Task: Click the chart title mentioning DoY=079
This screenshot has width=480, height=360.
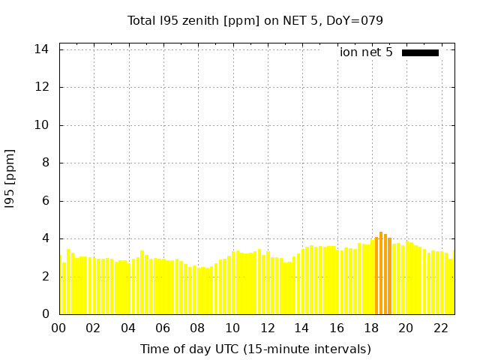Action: (x=255, y=20)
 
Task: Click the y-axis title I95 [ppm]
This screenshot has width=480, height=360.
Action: (x=10, y=178)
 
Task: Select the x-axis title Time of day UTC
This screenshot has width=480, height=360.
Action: (x=255, y=349)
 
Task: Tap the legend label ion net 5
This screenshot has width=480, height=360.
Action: (x=366, y=52)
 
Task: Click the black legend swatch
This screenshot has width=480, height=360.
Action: (x=420, y=52)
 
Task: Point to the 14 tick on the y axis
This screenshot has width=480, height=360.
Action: (x=42, y=49)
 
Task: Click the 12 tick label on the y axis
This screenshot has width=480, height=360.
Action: (x=42, y=87)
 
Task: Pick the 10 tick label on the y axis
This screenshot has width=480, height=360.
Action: (x=42, y=125)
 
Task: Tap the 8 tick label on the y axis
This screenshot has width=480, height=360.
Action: (x=45, y=163)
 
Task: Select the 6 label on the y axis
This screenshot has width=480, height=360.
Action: (x=45, y=201)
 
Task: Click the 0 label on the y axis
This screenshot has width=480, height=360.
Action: (x=45, y=314)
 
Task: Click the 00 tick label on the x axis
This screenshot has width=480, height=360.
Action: (x=59, y=328)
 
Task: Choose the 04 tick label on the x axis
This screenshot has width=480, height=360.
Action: (x=128, y=328)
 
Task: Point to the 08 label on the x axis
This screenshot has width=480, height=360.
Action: (x=198, y=328)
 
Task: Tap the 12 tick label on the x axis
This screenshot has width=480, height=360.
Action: (x=267, y=328)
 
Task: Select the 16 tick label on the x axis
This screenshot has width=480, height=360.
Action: (x=337, y=328)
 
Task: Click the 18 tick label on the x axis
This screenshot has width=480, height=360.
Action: (x=371, y=328)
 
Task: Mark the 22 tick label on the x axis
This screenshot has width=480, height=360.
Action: (x=440, y=328)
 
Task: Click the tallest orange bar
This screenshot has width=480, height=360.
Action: (x=381, y=274)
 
